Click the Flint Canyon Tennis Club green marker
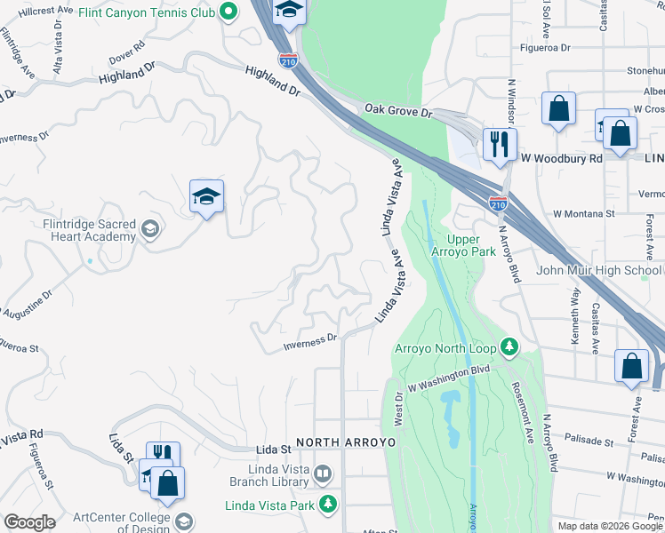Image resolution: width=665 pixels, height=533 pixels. tap(228, 12)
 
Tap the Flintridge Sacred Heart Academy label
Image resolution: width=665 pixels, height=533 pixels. tap(90, 230)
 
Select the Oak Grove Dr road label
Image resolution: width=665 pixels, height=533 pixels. tap(397, 111)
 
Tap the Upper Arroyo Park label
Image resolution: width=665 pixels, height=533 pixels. tap(470, 246)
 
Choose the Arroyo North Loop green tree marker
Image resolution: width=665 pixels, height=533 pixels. tap(509, 346)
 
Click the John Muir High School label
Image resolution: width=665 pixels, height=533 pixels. tap(598, 270)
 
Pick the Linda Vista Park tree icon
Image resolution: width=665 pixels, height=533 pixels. tap(328, 504)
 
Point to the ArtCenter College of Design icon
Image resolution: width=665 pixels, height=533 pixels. tap(184, 520)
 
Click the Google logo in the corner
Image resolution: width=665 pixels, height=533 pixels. tap(29, 522)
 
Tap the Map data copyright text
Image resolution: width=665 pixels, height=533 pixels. tap(610, 526)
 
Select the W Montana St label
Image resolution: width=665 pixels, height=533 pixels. tap(583, 214)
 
